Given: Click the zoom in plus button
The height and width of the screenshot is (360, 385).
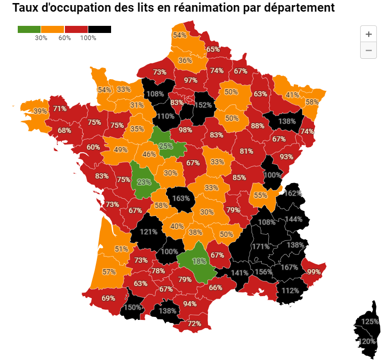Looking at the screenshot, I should [368, 34].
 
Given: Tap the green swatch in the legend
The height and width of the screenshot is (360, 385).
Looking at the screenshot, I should [29, 29].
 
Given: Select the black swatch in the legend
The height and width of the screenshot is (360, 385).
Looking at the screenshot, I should [99, 29].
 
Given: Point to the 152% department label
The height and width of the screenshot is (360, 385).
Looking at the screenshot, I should [203, 105].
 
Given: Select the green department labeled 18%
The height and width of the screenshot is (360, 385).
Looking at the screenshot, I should [199, 261].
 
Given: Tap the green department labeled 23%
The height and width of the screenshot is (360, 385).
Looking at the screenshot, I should [144, 182].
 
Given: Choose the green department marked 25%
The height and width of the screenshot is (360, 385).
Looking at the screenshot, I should [166, 146].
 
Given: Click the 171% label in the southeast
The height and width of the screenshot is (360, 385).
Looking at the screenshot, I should [260, 246].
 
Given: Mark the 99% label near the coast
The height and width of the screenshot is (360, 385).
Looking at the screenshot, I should [313, 272].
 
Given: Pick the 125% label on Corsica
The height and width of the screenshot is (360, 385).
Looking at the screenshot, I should [370, 321].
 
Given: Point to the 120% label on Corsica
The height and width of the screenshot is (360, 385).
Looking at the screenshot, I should [367, 342].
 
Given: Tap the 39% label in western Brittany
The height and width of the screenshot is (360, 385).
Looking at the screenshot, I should [40, 111].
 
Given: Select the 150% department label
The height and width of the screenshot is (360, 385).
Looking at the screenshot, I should [132, 308].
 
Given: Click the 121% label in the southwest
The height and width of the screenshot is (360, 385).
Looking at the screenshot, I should [149, 232].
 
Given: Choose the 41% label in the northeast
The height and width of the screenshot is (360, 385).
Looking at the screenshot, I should [292, 95].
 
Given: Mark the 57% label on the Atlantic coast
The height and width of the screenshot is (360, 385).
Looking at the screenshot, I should [109, 272].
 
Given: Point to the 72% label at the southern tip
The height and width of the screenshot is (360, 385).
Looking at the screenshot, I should [194, 323].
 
